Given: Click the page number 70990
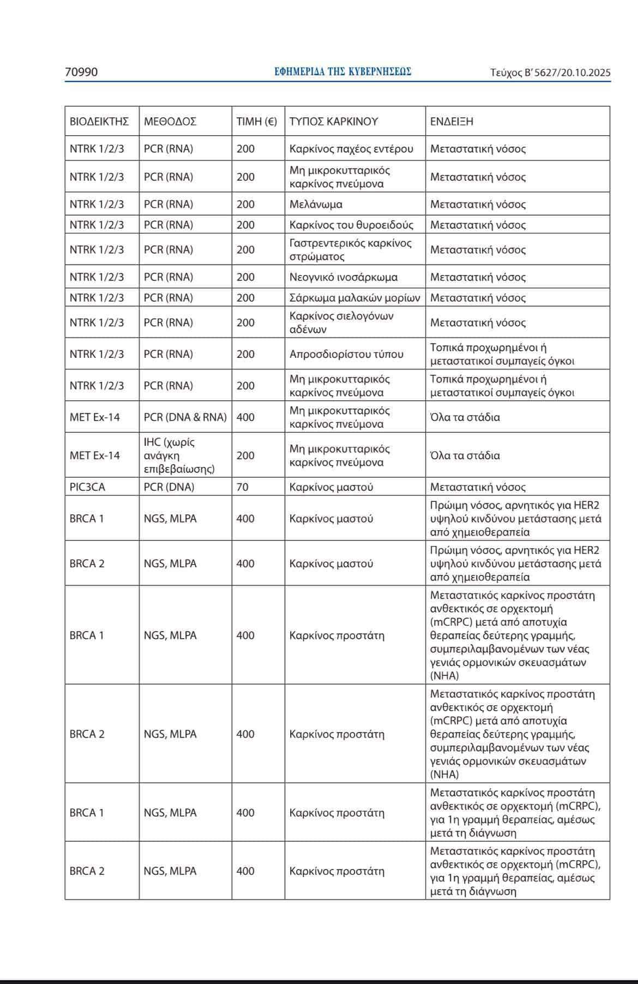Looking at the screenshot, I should (81, 72).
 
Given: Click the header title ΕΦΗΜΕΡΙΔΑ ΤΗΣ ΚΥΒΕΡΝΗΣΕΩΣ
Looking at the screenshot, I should (343, 71).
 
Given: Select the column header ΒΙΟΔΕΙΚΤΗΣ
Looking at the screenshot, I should (99, 121).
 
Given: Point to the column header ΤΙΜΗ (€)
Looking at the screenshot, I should (256, 121).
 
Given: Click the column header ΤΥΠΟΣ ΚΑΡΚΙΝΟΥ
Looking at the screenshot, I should (334, 121).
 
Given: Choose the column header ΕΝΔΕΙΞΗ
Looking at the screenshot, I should (452, 121).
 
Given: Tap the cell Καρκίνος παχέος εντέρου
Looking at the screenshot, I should (351, 148).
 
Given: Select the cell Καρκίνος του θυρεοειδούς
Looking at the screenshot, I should (351, 225).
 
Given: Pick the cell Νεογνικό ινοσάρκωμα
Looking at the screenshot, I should (344, 277).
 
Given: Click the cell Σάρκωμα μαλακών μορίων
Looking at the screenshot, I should (354, 298).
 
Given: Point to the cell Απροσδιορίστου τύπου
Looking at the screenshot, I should (346, 354).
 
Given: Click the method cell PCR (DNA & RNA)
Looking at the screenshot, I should (185, 417).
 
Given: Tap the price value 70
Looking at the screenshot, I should (242, 487).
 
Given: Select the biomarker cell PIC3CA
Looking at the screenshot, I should (87, 487).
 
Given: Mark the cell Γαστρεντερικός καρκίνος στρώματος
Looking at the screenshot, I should (350, 249).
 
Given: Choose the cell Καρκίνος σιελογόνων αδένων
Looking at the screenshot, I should (341, 322).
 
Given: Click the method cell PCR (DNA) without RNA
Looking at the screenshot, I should (169, 487).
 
